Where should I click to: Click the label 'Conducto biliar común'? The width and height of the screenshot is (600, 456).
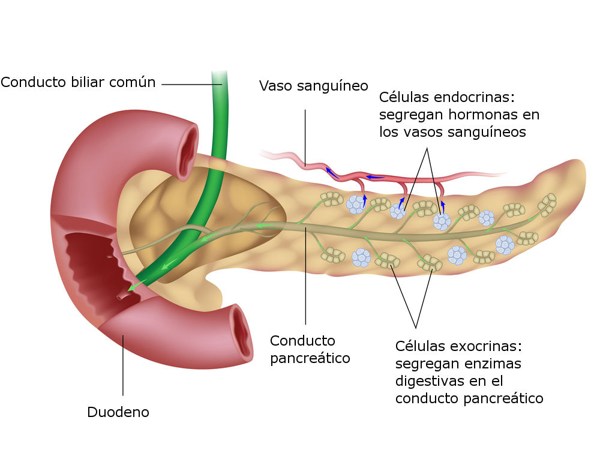pos(78,83)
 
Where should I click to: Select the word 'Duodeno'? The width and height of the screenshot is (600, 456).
pos(118,412)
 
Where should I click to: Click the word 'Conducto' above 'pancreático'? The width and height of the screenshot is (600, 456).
pos(302,341)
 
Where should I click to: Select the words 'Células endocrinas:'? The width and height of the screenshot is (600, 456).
pos(448,97)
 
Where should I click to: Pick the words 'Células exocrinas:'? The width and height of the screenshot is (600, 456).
pos(459,346)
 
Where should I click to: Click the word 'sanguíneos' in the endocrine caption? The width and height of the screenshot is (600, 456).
pos(489,132)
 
